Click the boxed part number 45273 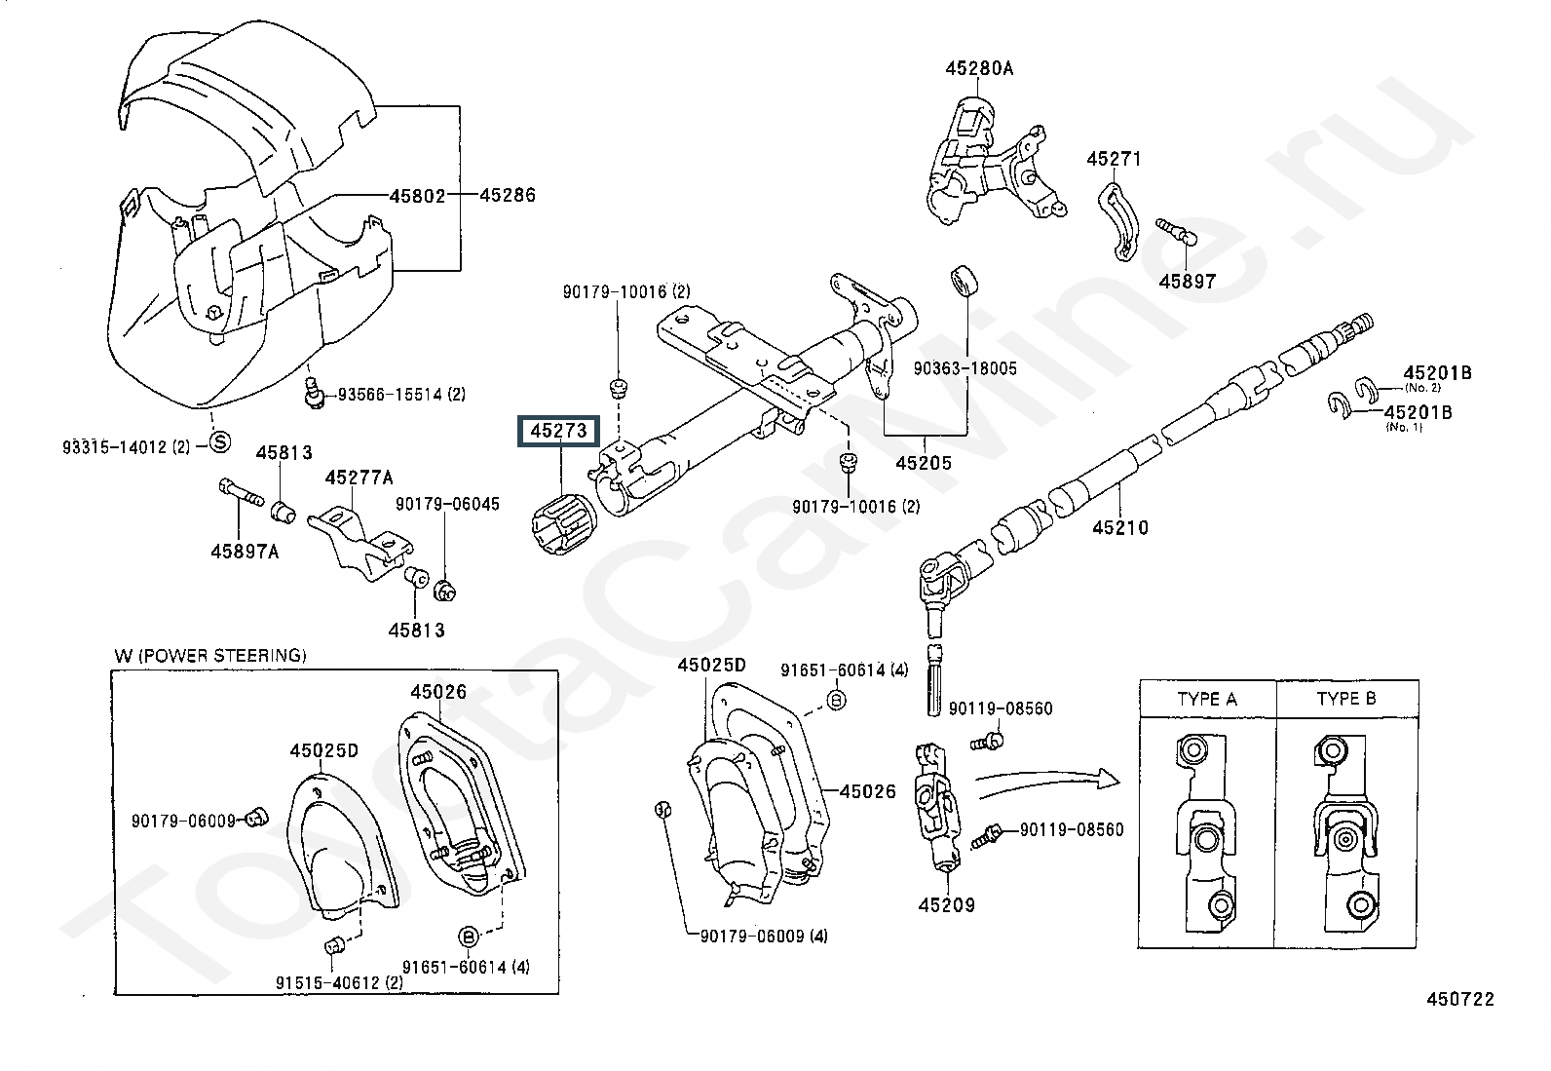tap(558, 430)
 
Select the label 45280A tap(978, 68)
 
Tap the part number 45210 tap(1119, 528)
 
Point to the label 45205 tap(923, 463)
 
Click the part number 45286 tap(508, 196)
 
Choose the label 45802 tap(417, 196)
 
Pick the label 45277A tap(359, 478)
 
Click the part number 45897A tap(245, 552)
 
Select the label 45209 tap(945, 904)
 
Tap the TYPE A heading tap(1206, 699)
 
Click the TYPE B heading tap(1346, 699)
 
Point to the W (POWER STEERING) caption tap(209, 655)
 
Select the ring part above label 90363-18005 tap(965, 280)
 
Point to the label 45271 tap(1114, 159)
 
